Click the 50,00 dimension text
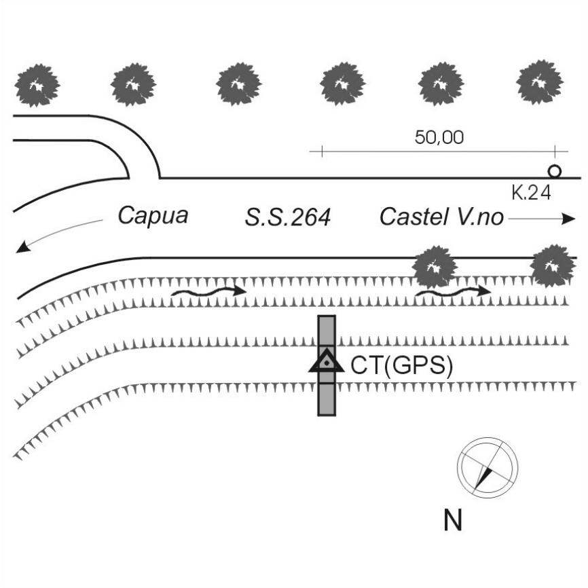[439, 138]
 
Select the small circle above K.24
[555, 171]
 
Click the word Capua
[153, 216]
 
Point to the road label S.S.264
[287, 218]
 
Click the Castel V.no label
[441, 217]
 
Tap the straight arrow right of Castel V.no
[541, 219]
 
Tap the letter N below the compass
[453, 521]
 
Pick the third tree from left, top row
[238, 85]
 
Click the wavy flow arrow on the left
[207, 291]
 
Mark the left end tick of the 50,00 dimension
[321, 151]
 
